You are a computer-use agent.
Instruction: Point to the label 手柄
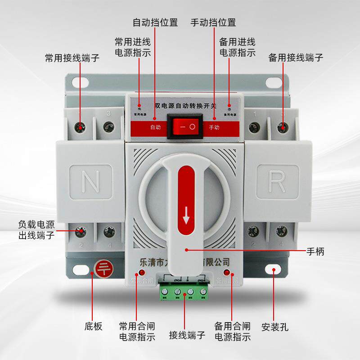[x=315, y=251]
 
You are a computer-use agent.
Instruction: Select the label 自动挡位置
[x=155, y=22]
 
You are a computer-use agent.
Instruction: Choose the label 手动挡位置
[x=213, y=22]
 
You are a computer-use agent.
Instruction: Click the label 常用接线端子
[x=72, y=58]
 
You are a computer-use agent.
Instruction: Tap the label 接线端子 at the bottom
[x=187, y=335]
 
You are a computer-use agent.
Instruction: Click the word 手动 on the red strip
[x=215, y=127]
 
